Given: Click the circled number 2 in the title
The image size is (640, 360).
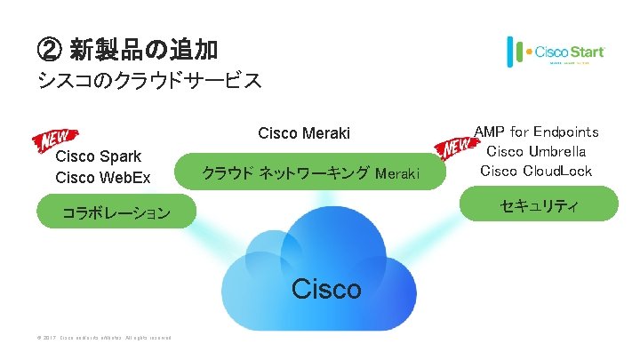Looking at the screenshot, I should click(x=49, y=46).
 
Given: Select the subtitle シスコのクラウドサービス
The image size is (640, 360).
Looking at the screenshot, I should click(x=148, y=81).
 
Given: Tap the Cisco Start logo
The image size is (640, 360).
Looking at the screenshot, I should click(x=556, y=52).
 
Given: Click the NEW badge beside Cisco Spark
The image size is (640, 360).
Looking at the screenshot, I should click(x=56, y=140).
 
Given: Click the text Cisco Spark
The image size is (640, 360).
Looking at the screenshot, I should click(x=98, y=157).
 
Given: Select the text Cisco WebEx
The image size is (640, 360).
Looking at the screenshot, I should click(x=103, y=178).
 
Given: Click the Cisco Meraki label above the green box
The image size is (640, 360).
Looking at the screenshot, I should click(x=304, y=133).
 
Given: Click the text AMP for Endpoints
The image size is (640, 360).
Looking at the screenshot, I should click(x=536, y=132).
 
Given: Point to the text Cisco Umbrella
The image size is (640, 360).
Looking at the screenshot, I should click(x=536, y=151).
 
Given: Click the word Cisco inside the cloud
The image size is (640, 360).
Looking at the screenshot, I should click(x=326, y=288).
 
